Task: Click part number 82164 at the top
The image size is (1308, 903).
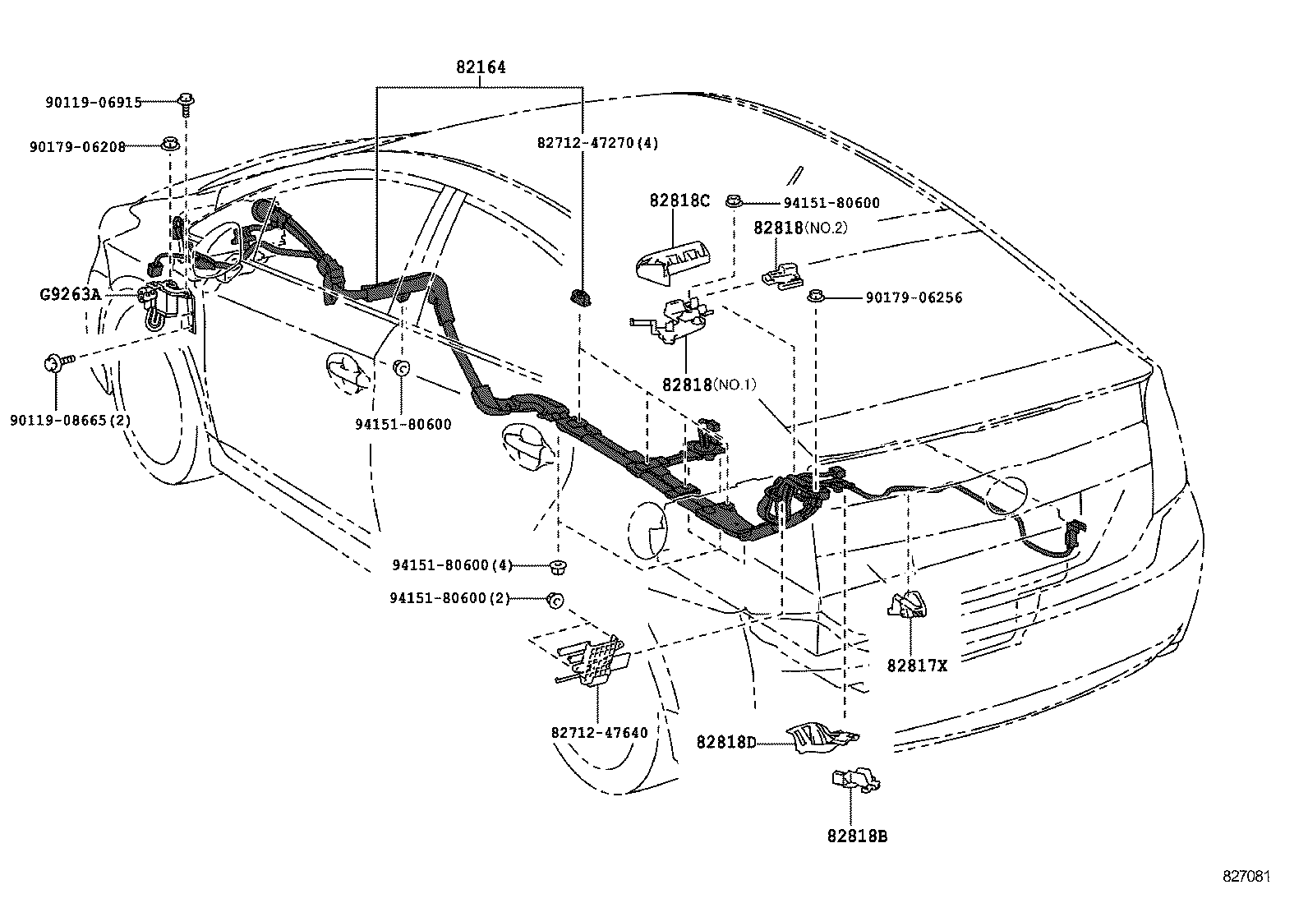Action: click(x=481, y=67)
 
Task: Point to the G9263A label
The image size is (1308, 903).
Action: click(x=69, y=293)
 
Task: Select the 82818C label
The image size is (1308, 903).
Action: click(x=679, y=200)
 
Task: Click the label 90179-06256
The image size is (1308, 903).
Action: click(x=913, y=297)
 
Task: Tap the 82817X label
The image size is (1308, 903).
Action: click(x=917, y=666)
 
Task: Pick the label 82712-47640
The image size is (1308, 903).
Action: click(x=599, y=732)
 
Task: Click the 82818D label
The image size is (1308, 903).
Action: click(x=725, y=743)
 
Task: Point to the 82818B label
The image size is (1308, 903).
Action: click(x=857, y=836)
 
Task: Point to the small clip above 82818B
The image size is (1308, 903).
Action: click(x=855, y=780)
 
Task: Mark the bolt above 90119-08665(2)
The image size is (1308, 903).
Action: click(x=58, y=362)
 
